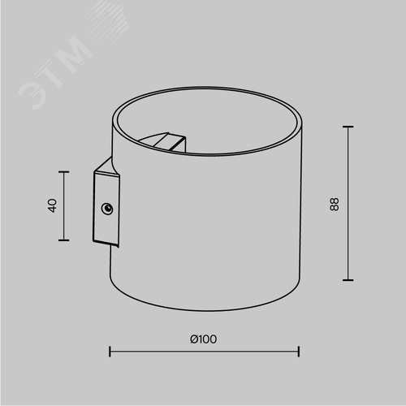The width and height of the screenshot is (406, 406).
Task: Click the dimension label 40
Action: [53, 205]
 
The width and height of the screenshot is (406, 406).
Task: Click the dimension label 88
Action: [335, 205]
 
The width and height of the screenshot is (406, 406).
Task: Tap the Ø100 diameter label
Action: [204, 339]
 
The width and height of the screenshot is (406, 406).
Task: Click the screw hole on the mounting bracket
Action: [107, 209]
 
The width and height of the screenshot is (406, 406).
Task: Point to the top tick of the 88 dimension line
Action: [348, 127]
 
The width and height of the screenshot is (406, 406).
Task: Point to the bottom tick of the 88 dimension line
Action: [348, 280]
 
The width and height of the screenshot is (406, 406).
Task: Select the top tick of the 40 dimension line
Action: [64, 171]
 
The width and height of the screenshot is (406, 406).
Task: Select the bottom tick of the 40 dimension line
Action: [64, 240]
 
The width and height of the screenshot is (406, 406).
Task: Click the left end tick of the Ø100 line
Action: [110, 352]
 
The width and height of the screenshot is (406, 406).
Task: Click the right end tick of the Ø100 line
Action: [299, 352]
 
